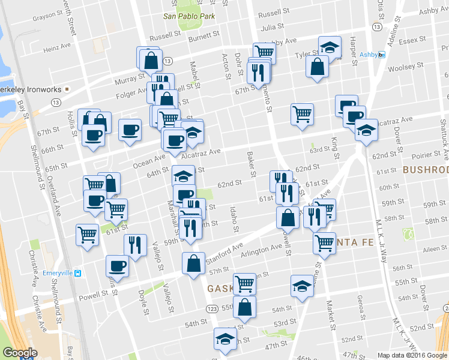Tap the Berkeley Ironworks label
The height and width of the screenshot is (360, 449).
pos(30,89)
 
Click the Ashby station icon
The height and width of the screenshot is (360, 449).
pos(381,55)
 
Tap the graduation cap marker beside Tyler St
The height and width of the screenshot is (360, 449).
pos(330,46)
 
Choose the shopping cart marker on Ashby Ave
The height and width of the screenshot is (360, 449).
pos(264,52)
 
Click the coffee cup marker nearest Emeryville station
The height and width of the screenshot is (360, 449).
pos(117,266)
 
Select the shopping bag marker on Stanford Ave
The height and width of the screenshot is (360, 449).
pos(193,263)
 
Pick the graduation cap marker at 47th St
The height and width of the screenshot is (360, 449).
pos(225,338)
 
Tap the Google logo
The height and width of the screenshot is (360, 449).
pos(19,353)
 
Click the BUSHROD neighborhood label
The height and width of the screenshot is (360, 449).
pos(426,170)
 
